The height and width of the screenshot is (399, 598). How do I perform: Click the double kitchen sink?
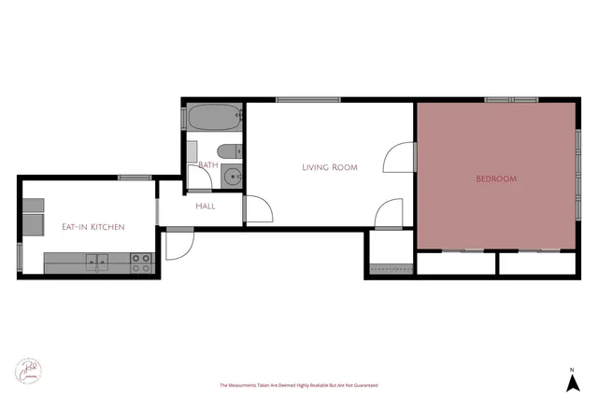[x=97, y=262]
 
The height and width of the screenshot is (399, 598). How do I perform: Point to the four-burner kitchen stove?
[x=141, y=263]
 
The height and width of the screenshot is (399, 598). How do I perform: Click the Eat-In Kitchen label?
[x=93, y=227]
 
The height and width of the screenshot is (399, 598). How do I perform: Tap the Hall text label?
[x=206, y=206]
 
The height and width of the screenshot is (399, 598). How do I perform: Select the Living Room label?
[x=330, y=167]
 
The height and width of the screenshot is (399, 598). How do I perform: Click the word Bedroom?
[x=496, y=178]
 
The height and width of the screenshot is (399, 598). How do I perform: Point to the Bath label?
[x=207, y=165]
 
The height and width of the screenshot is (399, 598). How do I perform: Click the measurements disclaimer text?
[x=298, y=385]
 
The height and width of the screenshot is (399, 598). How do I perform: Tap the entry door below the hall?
[x=178, y=242]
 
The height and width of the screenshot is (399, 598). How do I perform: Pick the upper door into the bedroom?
[x=400, y=156]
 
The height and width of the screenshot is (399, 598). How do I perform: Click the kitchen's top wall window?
[x=135, y=178]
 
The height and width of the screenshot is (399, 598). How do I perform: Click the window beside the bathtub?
[x=184, y=118]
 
